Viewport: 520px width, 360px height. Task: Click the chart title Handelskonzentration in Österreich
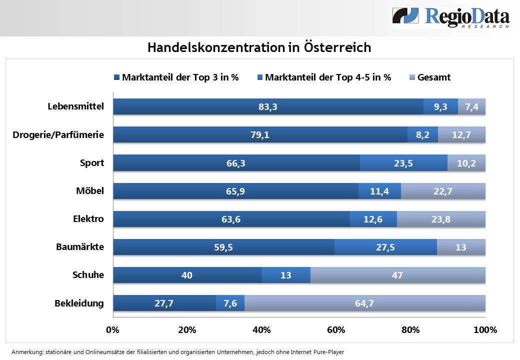tap(259, 47)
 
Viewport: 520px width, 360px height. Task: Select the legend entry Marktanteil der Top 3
tap(176, 77)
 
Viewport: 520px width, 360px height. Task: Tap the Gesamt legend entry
tap(430, 77)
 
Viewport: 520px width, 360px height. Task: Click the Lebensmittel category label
tap(75, 106)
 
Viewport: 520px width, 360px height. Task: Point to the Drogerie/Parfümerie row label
tap(58, 134)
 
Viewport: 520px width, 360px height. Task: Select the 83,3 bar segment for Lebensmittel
tap(268, 106)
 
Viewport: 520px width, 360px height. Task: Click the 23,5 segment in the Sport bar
tap(403, 163)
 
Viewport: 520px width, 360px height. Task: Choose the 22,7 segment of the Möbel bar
tap(443, 191)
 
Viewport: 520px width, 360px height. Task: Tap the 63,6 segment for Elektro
tap(231, 219)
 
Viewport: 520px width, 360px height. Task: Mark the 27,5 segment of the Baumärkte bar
tap(385, 247)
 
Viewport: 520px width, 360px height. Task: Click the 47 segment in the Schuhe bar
tap(397, 275)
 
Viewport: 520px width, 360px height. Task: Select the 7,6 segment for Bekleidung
tap(230, 303)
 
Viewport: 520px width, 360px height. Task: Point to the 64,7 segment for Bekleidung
tap(365, 303)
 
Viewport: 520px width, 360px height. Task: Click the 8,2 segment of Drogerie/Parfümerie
tap(423, 134)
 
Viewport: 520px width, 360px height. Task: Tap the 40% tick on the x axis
tap(262, 330)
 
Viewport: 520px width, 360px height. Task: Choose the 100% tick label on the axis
tap(485, 330)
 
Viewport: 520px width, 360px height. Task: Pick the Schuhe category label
tap(88, 275)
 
